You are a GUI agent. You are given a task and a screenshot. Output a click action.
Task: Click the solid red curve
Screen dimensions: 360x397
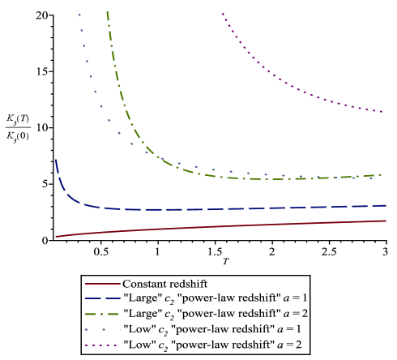point(219,227)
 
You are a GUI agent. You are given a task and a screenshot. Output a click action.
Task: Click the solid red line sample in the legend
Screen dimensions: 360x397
point(103,284)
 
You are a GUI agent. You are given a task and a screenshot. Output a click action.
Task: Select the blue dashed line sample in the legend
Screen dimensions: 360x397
point(103,299)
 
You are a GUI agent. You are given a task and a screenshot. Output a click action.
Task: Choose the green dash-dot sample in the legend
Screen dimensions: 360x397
point(103,315)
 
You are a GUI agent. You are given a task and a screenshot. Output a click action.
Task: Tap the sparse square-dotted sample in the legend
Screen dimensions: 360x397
point(103,330)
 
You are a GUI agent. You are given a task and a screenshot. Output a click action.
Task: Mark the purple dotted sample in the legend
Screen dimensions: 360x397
point(103,345)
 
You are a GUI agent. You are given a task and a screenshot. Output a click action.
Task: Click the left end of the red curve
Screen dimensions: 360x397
point(56,237)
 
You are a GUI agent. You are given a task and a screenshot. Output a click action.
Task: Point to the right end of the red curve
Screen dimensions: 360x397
point(386,221)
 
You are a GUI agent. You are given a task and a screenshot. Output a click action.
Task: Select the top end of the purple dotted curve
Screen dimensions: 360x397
point(222,13)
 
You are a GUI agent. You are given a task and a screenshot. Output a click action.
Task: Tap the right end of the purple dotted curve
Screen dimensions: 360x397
point(382,111)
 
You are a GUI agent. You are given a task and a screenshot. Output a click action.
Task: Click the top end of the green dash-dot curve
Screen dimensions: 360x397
point(107,11)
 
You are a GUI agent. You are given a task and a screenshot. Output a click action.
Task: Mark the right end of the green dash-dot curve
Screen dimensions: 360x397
point(382,174)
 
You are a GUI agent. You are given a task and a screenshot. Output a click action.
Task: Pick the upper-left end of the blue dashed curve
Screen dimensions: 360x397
point(55,160)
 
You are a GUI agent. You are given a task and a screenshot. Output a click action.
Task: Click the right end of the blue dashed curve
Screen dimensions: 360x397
point(386,205)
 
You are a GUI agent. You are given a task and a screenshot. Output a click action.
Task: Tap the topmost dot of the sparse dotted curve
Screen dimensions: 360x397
point(79,15)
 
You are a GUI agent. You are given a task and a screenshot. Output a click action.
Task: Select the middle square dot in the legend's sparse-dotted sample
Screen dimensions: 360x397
point(103,330)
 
